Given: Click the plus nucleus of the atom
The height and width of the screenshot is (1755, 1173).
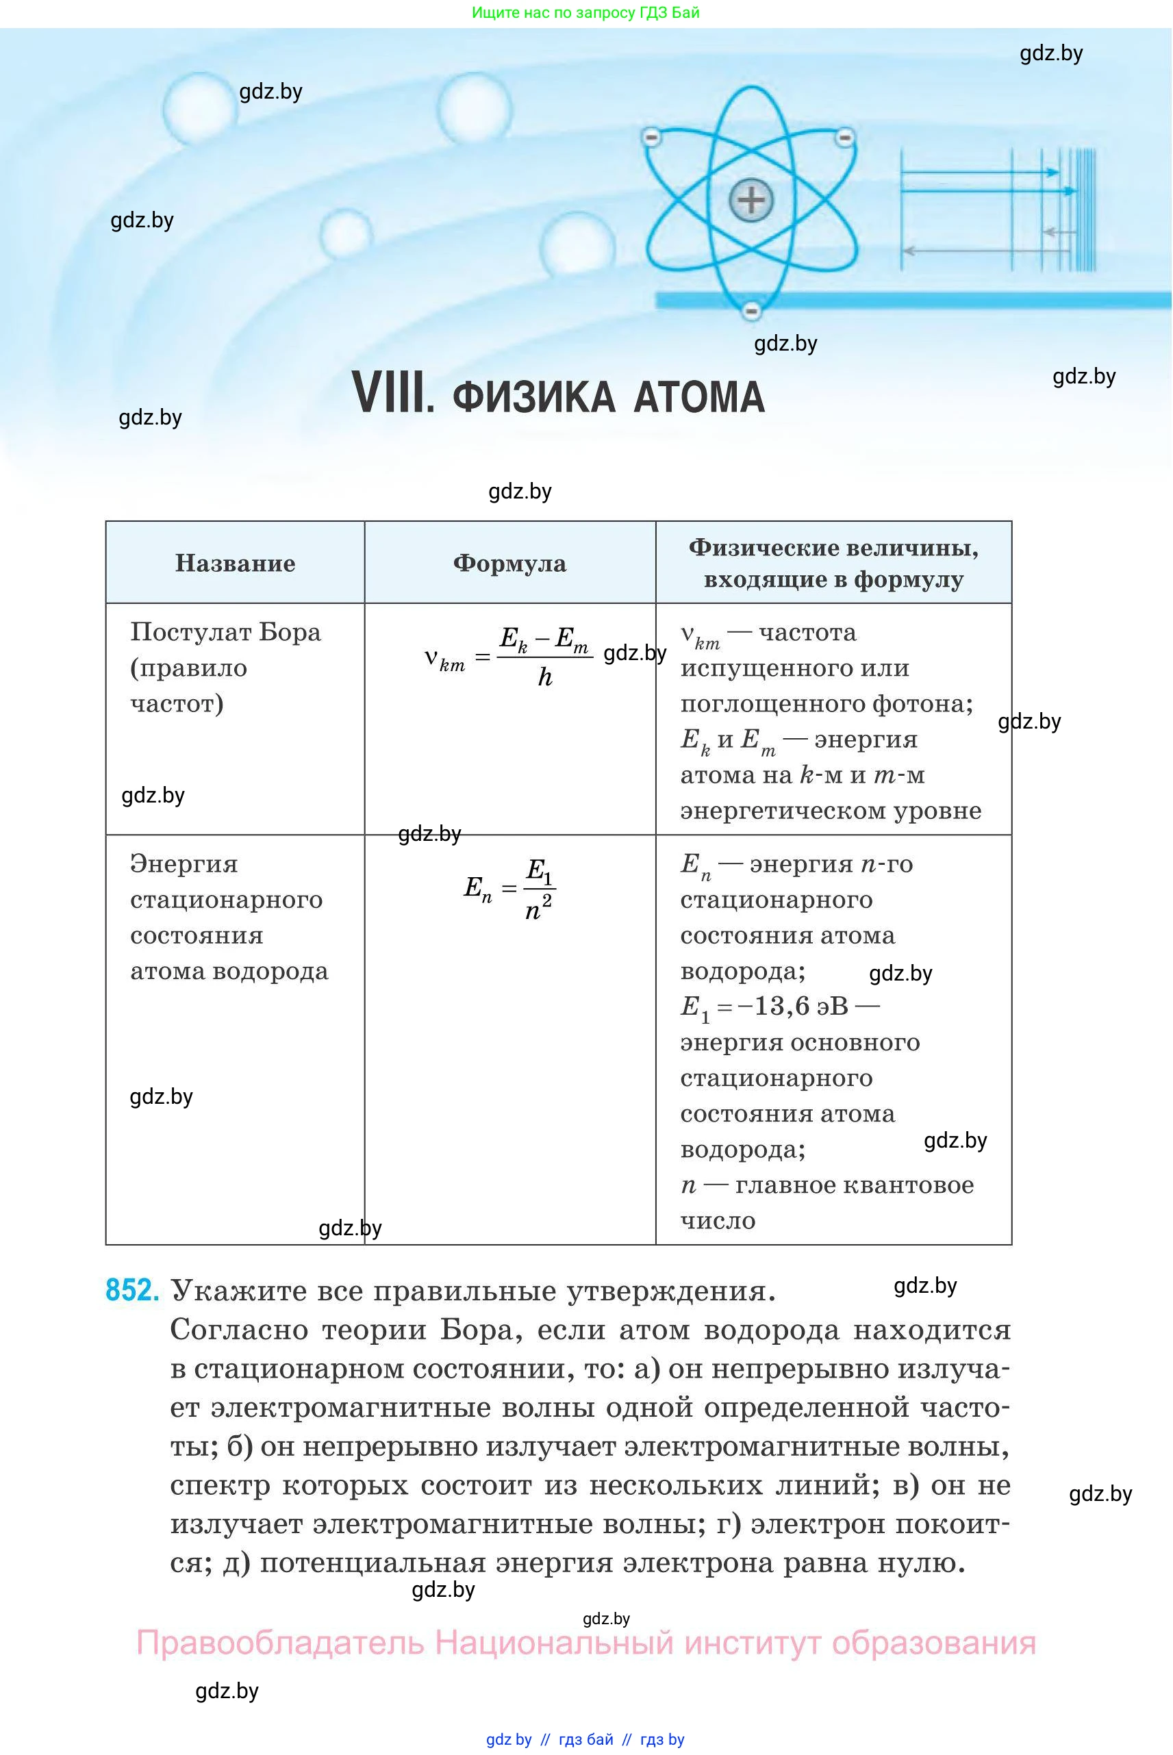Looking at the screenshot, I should [x=751, y=200].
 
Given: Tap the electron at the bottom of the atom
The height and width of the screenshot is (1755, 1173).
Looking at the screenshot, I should [x=751, y=310].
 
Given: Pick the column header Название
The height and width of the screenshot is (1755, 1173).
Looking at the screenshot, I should [x=235, y=563].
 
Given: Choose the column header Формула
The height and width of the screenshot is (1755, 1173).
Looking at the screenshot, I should [x=509, y=563].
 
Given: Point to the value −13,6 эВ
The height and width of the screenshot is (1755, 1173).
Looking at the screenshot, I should [x=793, y=1006].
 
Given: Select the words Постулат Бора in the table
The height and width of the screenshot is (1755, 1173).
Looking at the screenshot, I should [x=225, y=632].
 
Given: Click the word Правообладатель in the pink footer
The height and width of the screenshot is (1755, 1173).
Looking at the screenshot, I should [x=280, y=1642].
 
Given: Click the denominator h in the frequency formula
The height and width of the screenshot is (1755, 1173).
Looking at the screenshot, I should [x=545, y=678].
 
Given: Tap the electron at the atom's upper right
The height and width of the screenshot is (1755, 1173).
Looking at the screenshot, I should [x=844, y=137].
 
